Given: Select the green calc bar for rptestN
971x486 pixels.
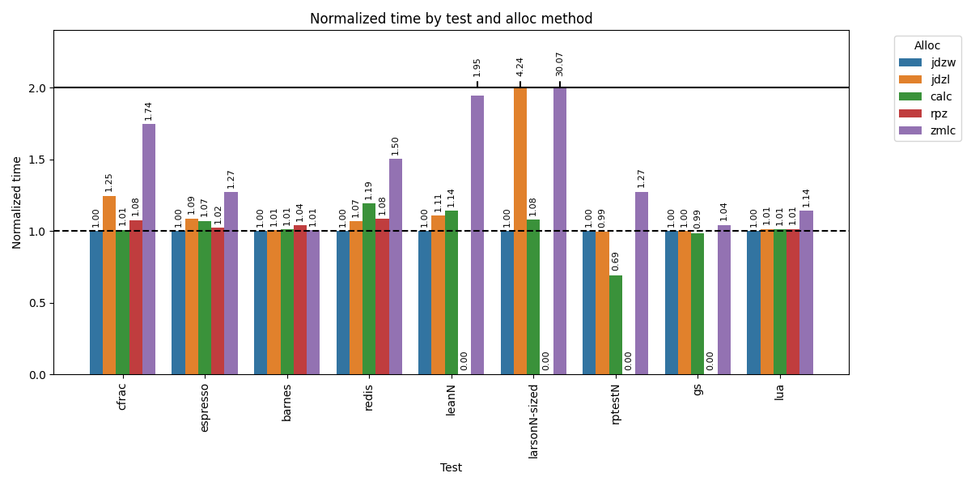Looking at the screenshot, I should pos(616,325).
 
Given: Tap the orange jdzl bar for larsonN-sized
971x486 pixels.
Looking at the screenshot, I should pos(520,231).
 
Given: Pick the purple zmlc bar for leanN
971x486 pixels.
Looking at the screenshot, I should pos(477,235).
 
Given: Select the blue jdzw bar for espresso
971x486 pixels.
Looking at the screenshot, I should pos(178,303).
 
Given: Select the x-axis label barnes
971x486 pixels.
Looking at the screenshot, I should pos(287,403).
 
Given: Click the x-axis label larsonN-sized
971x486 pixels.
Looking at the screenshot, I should pos(533,421).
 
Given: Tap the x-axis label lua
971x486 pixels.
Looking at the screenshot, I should pos(780,392).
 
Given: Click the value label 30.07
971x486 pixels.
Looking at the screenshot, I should pos(560,64).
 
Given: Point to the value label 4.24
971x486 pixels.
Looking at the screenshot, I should pos(520,66).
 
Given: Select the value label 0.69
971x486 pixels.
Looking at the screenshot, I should pos(616,261).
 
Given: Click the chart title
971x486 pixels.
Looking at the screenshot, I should pos(451,19).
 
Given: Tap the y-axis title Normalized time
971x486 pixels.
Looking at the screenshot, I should pos(17,202).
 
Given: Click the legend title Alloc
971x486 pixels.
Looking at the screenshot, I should pos(927,46).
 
